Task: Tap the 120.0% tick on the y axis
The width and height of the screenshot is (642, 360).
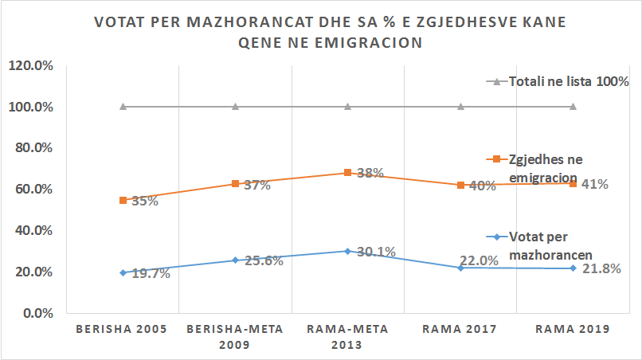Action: click(x=30, y=66)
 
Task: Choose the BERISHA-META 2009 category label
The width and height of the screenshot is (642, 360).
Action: click(x=235, y=337)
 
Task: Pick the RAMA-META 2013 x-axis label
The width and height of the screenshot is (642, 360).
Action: click(x=347, y=337)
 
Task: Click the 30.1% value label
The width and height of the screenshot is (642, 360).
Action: click(x=376, y=253)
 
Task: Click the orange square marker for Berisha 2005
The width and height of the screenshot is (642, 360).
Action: click(x=123, y=200)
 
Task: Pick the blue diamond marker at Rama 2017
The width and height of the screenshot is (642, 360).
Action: click(x=460, y=268)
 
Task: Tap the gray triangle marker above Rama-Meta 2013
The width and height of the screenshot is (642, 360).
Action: click(x=347, y=107)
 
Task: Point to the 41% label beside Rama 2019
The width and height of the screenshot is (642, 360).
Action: click(x=596, y=184)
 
